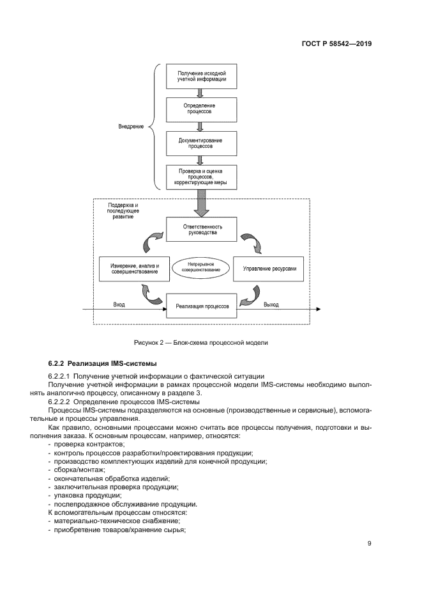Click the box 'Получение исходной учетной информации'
click(201, 77)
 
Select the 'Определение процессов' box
click(201, 108)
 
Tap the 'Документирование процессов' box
click(201, 142)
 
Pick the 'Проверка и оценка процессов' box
click(201, 177)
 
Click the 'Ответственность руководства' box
click(201, 229)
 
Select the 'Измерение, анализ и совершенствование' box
click(134, 269)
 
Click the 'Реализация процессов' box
click(201, 306)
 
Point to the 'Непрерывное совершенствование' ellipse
click(201, 267)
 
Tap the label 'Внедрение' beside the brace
click(130, 126)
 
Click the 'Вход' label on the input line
click(119, 304)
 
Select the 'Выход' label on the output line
click(271, 304)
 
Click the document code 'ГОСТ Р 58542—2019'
click(336, 45)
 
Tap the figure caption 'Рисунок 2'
click(200, 342)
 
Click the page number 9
click(369, 544)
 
